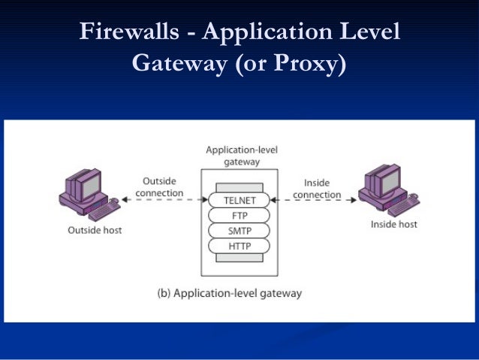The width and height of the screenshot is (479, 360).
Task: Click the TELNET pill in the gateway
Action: click(x=239, y=201)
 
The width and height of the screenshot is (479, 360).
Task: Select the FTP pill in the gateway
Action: click(x=239, y=216)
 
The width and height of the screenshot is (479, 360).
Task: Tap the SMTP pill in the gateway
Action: click(x=239, y=231)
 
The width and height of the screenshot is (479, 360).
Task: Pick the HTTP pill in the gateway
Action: click(x=239, y=246)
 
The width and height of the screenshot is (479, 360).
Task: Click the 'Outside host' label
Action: click(x=95, y=230)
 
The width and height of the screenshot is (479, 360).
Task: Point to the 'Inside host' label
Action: click(x=393, y=224)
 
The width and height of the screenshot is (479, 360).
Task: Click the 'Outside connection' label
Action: click(x=159, y=187)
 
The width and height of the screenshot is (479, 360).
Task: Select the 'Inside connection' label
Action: click(x=317, y=189)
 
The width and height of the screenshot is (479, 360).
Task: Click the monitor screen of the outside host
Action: click(x=92, y=186)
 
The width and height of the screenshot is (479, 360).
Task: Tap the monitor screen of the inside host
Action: click(x=390, y=181)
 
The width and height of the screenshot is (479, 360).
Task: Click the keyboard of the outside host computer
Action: click(x=104, y=211)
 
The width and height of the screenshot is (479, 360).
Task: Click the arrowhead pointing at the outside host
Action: click(x=125, y=200)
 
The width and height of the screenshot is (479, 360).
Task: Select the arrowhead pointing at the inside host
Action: click(x=354, y=200)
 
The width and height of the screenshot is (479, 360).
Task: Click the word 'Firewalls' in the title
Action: click(x=129, y=32)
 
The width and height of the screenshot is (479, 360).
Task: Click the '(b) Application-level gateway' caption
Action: click(x=230, y=293)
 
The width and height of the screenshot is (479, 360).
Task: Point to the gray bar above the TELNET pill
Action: click(x=239, y=187)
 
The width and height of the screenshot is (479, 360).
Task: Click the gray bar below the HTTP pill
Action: click(x=239, y=258)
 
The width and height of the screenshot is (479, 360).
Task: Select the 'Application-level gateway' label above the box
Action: click(x=242, y=156)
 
